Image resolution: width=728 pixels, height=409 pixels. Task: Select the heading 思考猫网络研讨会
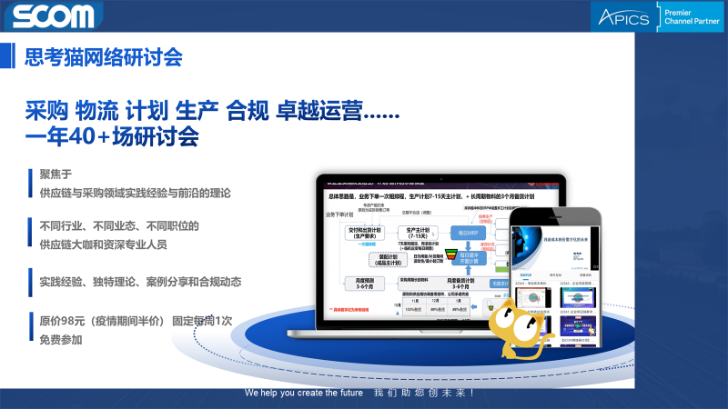pyautogui.click(x=104, y=56)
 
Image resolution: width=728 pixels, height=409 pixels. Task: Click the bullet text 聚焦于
pyautogui.click(x=55, y=175)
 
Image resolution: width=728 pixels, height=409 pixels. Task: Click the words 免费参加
pyautogui.click(x=60, y=340)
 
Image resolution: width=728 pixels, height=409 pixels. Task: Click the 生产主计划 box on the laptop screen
pyautogui.click(x=422, y=234)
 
